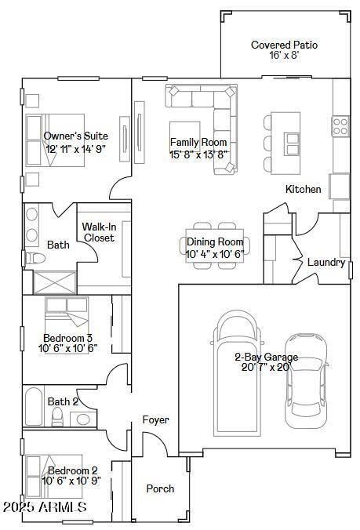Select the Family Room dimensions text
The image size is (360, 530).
pos(198,154)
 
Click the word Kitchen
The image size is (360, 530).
pos(303,189)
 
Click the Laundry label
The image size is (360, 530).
pos(325,263)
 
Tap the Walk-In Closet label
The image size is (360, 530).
pos(99,232)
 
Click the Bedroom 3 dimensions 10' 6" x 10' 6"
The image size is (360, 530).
pos(68,349)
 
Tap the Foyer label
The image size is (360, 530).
pos(155,420)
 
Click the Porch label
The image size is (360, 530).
pos(160,488)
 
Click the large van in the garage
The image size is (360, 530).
pos(236,372)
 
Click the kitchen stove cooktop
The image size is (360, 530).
pos(340,123)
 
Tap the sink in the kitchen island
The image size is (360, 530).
pos(292,143)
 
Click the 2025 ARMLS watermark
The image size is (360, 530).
pos(45,508)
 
